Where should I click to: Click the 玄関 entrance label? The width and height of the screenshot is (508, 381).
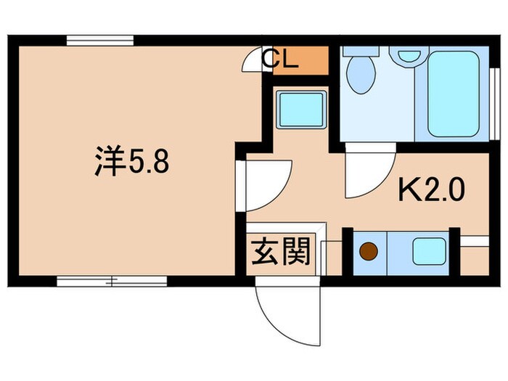pyautogui.click(x=281, y=253)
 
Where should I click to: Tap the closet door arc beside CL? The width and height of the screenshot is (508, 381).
pyautogui.click(x=252, y=62)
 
